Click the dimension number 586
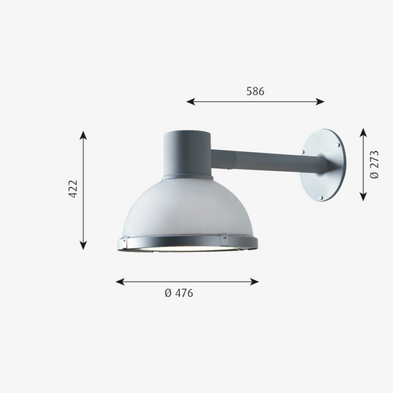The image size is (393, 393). pos(255,92)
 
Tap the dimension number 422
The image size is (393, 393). pos(73,189)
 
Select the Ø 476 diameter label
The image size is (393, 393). pos(178,293)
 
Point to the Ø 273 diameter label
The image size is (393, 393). pos(374,165)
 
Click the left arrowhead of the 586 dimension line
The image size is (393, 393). pos(191,102)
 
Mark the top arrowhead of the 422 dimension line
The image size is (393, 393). pos(84,135)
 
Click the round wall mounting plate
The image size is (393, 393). pos(325,166)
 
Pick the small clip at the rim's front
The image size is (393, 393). pos(225,238)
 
